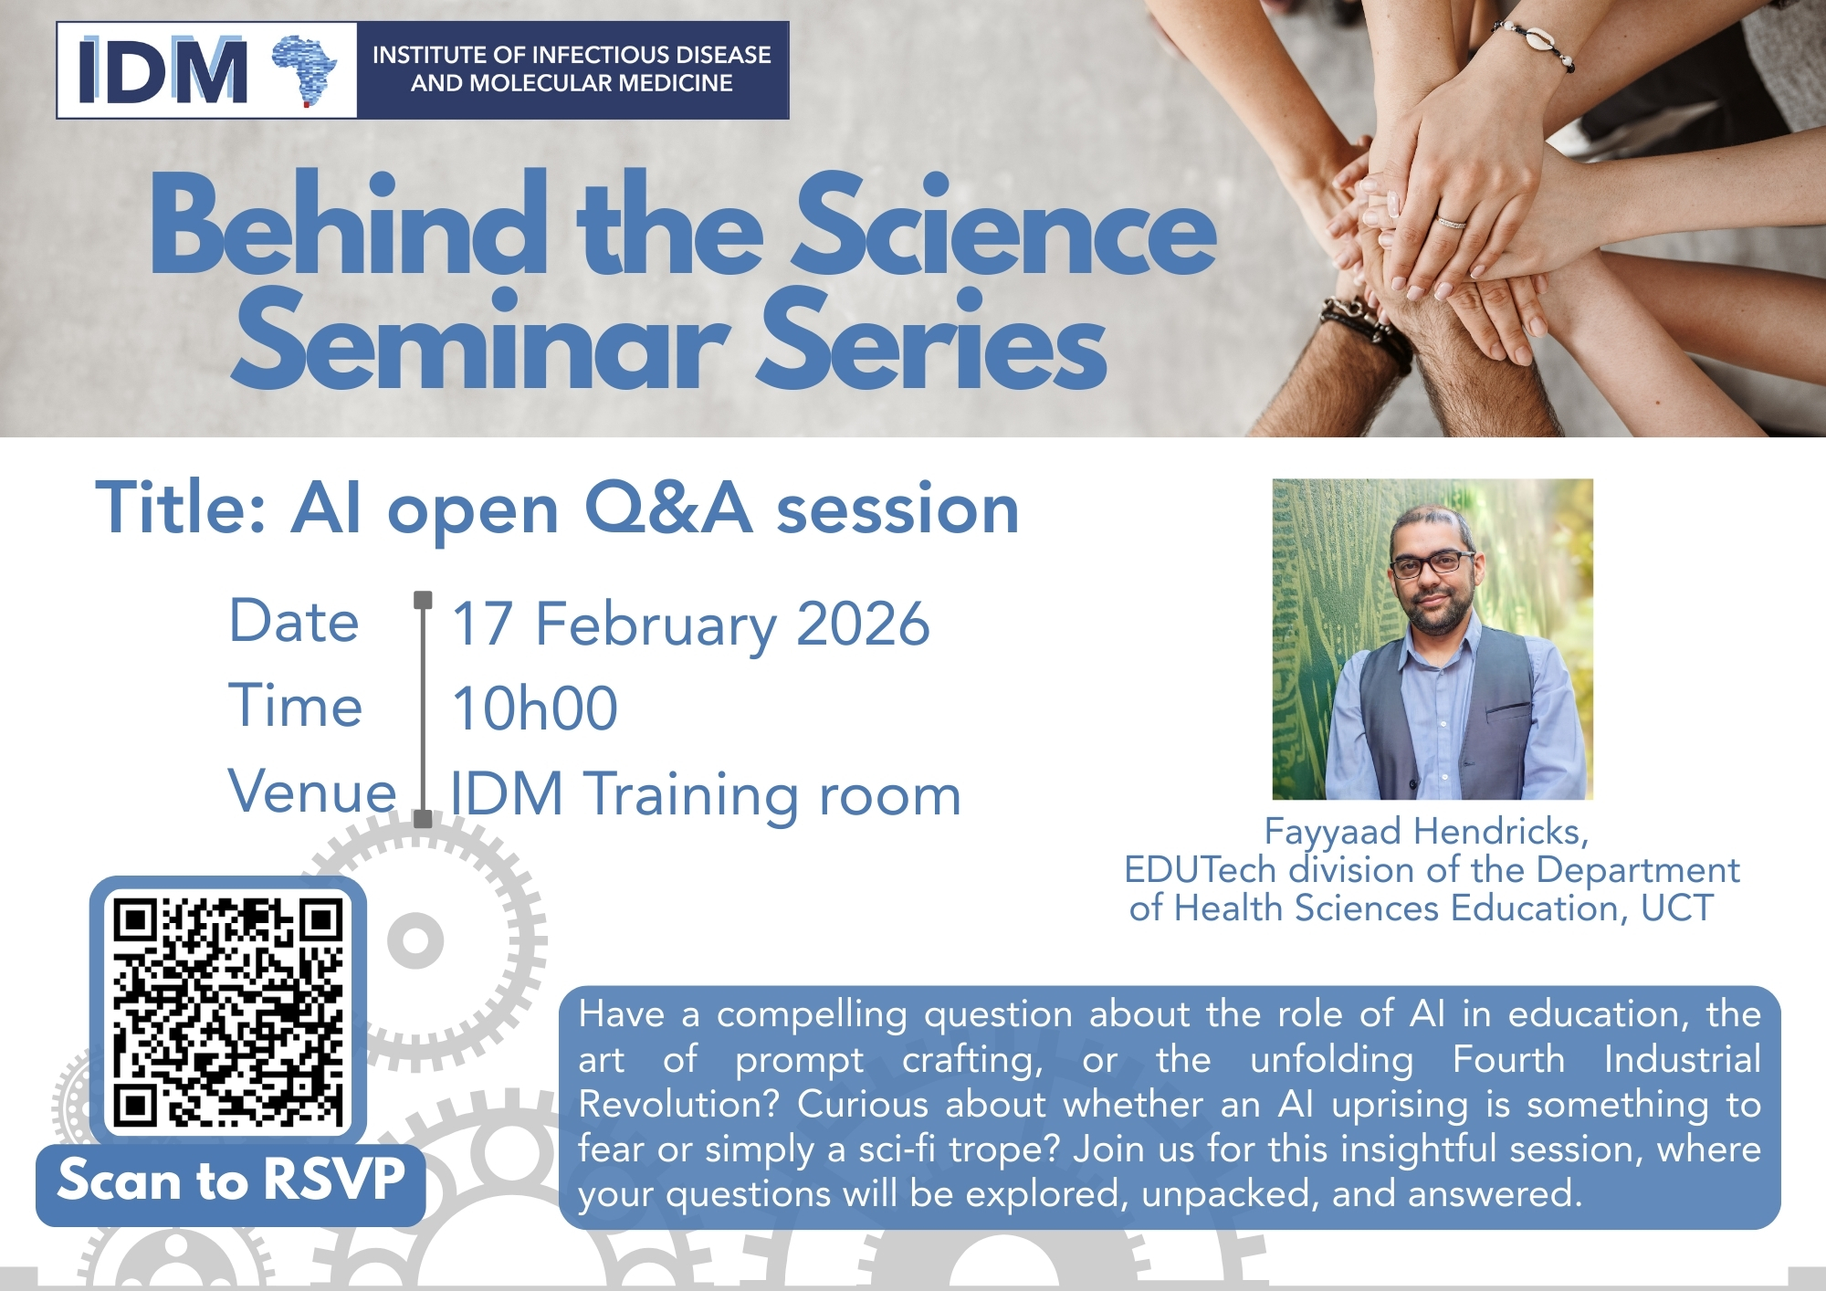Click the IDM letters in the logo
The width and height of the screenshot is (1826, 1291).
pyautogui.click(x=163, y=70)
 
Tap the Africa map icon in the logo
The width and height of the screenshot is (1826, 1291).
pyautogui.click(x=306, y=69)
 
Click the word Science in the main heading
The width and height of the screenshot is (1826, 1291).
pyautogui.click(x=1004, y=226)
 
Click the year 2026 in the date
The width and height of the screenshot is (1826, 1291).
pyautogui.click(x=863, y=625)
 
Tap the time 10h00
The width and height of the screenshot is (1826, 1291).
pyautogui.click(x=535, y=708)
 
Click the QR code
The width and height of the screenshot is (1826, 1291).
pyautogui.click(x=228, y=1011)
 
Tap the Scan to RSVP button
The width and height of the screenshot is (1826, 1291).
pyautogui.click(x=230, y=1181)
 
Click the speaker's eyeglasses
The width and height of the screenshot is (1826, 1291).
pyautogui.click(x=1432, y=564)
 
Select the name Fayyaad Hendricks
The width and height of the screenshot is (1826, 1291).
pyautogui.click(x=1426, y=831)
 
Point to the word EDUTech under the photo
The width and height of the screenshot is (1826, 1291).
pyautogui.click(x=1200, y=870)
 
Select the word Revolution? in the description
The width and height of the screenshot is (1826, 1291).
pyautogui.click(x=678, y=1104)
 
